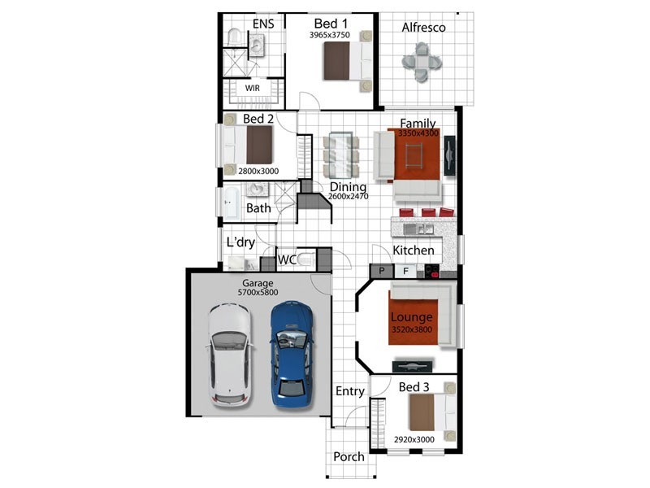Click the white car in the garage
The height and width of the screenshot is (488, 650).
coord(230,355)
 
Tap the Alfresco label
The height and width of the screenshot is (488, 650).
coord(423,28)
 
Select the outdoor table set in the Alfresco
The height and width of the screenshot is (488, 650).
coord(422,62)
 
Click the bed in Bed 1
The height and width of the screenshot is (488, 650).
coord(348,60)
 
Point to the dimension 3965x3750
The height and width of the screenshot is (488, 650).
coord(330,35)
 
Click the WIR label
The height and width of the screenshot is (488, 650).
coord(253,88)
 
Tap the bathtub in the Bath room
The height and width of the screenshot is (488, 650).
coord(232,203)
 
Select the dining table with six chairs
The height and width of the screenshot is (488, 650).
coord(340,155)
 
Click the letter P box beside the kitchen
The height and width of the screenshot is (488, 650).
coord(382,272)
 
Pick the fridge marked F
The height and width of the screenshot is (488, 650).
coord(405,272)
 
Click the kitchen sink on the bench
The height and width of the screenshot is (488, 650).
coord(418,229)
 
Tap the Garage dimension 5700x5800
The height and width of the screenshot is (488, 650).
coord(258,292)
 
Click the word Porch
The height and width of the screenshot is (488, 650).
coord(349,457)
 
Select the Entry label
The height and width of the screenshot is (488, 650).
coord(350,391)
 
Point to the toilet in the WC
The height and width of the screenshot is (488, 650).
coord(305,259)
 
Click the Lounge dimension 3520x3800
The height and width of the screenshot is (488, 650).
coord(412,330)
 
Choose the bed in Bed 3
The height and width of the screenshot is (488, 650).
coord(432,412)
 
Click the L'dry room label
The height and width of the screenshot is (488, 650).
coord(240,242)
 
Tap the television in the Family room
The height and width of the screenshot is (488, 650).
coord(450,155)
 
